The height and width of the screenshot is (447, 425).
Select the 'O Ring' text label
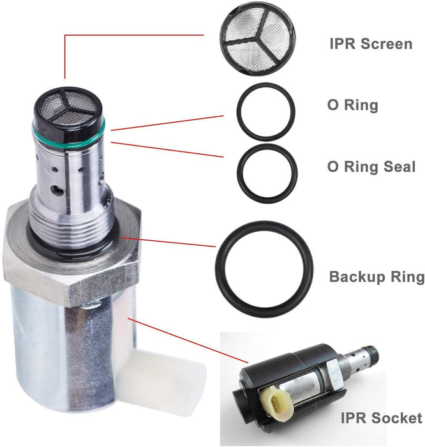tap(352, 105)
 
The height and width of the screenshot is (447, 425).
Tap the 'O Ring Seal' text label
tap(371, 166)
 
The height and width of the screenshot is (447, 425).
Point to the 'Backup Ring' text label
tap(377, 277)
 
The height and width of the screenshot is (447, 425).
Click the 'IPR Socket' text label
tap(380, 418)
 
